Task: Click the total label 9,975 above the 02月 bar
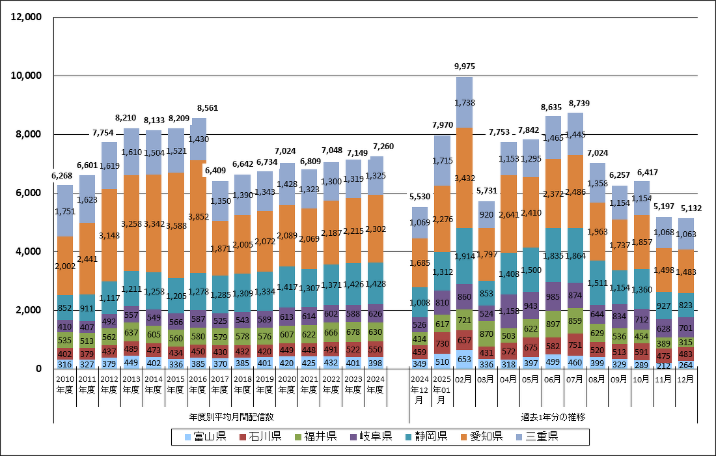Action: tap(464, 66)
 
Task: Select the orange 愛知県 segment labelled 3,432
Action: tap(464, 178)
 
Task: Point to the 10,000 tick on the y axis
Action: tap(27, 76)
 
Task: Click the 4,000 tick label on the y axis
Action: tap(29, 251)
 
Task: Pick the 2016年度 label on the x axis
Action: tap(198, 384)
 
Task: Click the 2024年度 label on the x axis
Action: tap(375, 384)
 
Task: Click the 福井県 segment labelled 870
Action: tap(486, 334)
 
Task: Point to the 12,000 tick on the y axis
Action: tap(27, 17)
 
